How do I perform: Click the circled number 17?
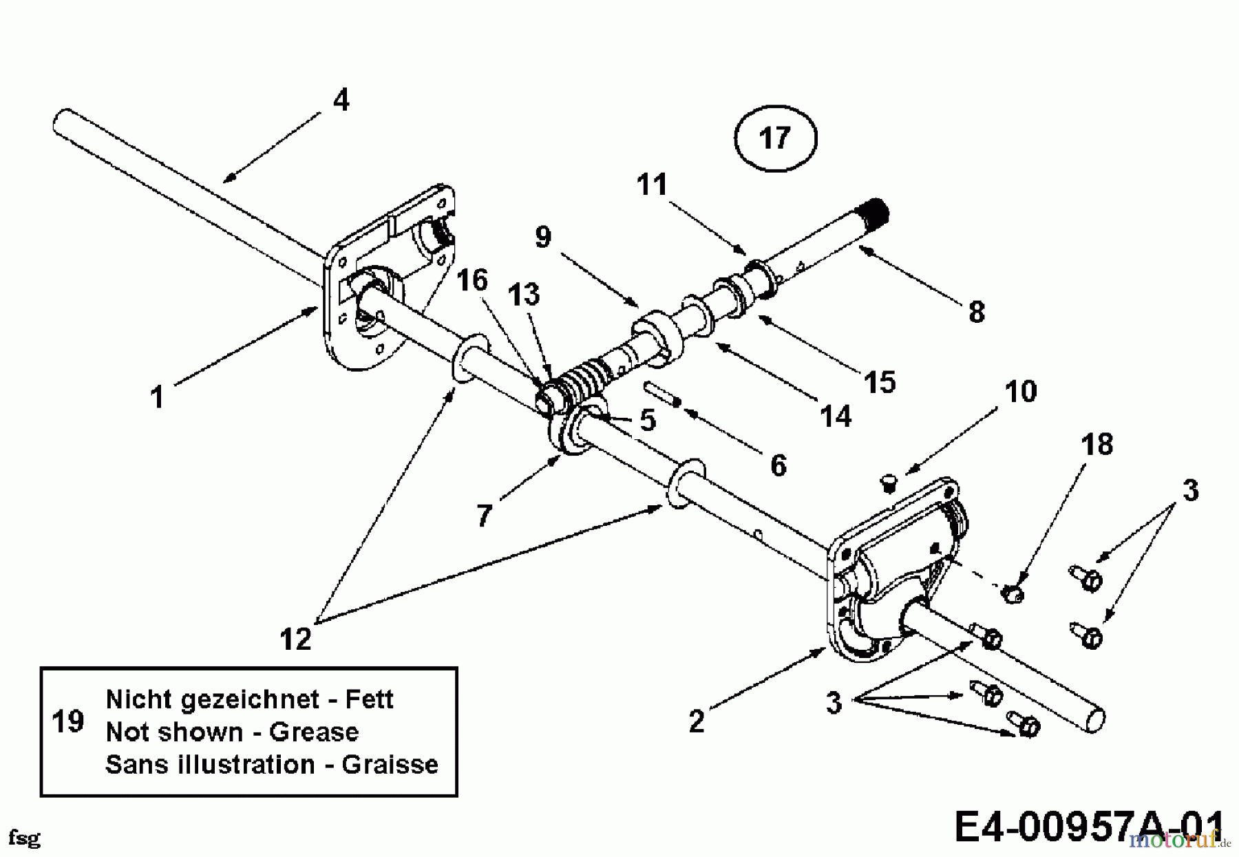[775, 138]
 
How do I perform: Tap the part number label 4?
[341, 100]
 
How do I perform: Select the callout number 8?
[976, 312]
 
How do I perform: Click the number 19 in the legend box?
[67, 722]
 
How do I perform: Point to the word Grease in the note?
[314, 732]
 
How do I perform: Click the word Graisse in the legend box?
[390, 764]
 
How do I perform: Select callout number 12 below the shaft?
[296, 639]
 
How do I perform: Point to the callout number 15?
[880, 382]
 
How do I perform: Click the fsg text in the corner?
[25, 838]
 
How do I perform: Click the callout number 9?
[543, 237]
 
